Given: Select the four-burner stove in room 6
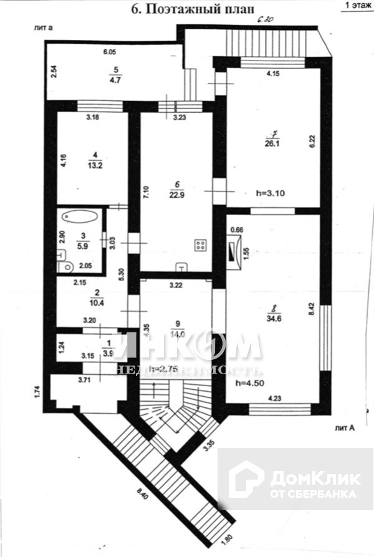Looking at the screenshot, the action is (201, 245).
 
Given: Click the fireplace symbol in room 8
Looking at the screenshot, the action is (233, 252).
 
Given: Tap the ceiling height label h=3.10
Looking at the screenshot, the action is (271, 193).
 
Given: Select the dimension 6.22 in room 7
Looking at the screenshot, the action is (309, 142).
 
